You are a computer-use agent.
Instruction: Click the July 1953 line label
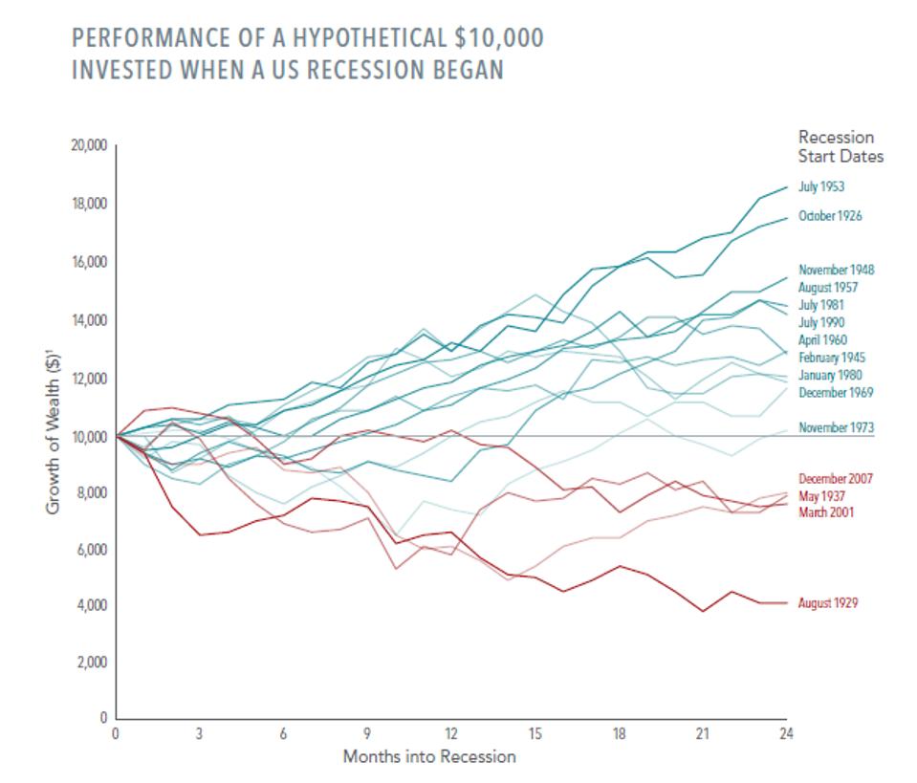click(820, 187)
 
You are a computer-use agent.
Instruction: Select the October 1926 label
click(829, 216)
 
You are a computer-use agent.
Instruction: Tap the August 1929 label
click(827, 603)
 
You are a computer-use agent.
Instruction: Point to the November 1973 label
click(836, 427)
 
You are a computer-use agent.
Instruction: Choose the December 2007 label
click(836, 479)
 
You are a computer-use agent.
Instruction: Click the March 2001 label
click(825, 513)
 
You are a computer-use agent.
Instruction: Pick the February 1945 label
click(831, 358)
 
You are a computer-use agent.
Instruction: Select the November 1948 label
click(836, 270)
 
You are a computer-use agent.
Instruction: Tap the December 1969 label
click(835, 393)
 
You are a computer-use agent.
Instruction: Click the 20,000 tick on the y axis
click(88, 146)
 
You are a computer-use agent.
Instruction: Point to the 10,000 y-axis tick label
click(88, 437)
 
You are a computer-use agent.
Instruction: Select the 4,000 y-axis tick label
click(91, 606)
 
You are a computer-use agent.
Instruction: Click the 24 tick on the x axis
click(786, 734)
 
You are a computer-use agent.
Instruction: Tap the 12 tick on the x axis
click(450, 734)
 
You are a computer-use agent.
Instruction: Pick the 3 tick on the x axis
click(199, 734)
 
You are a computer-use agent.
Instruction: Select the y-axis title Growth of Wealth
click(54, 430)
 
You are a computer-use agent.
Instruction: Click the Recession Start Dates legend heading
click(841, 147)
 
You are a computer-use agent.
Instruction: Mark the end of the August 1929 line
click(786, 603)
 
